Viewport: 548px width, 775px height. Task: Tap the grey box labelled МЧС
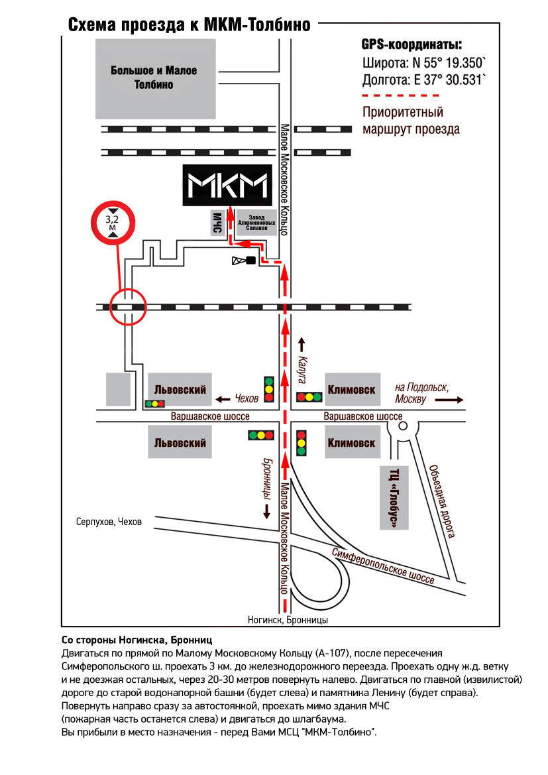pos(216,223)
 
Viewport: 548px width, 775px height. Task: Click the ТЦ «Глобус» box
pos(396,499)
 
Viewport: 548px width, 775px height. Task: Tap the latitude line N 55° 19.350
pos(424,64)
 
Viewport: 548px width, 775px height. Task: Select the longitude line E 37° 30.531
pos(425,81)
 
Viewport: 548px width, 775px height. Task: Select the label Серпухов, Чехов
pos(109,522)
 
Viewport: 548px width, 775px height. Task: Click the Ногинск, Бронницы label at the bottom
pos(288,621)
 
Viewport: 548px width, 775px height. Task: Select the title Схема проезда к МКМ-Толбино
pos(190,25)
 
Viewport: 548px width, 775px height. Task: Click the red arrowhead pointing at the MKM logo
pos(229,211)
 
